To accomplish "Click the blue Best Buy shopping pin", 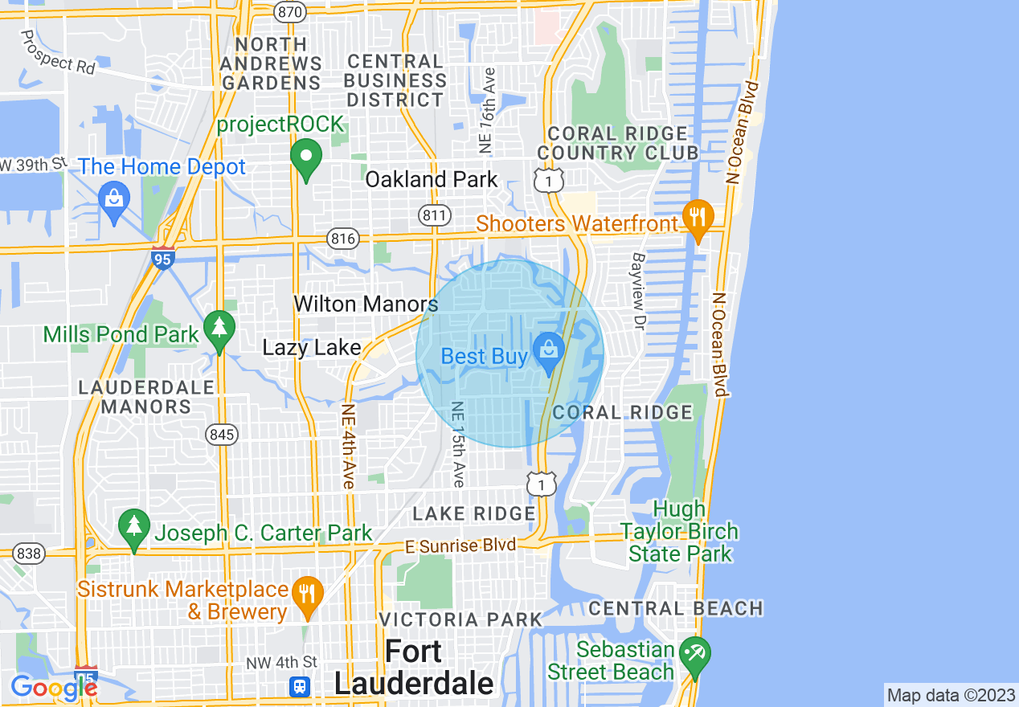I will [x=549, y=351].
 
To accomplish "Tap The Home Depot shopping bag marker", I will [x=114, y=198].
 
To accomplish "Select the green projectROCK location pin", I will [x=305, y=157].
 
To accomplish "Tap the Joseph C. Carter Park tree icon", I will [x=134, y=528].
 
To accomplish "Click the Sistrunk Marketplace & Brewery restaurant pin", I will [x=307, y=596].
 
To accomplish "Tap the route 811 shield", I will [x=433, y=214].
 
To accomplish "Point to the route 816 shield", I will [x=342, y=238].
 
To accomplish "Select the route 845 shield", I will [x=221, y=435].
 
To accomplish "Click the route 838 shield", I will [x=29, y=554].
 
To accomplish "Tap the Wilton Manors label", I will [x=366, y=304].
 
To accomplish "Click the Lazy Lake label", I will [x=312, y=348].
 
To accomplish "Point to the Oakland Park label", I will [x=432, y=179].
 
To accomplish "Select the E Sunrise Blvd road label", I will [x=460, y=546].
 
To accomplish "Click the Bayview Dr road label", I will [x=639, y=292].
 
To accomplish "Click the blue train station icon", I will [x=300, y=687].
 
